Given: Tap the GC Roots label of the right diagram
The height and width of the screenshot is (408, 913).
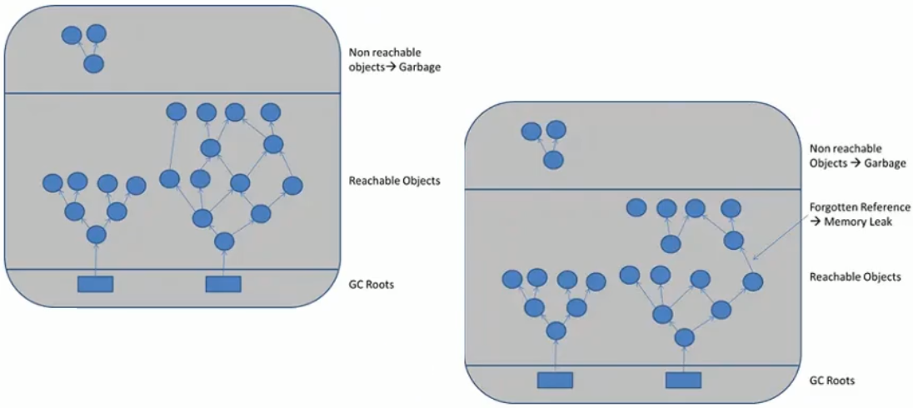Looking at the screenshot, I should point(832,381).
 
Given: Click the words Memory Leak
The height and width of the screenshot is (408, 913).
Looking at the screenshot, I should point(866,222).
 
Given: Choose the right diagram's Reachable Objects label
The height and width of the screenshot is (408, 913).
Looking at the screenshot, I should point(855,276).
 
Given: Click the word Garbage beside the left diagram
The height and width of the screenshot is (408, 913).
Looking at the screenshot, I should point(420,67).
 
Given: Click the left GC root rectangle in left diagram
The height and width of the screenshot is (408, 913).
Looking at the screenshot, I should point(95,284).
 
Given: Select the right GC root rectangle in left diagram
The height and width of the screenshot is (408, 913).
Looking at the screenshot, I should point(222,284).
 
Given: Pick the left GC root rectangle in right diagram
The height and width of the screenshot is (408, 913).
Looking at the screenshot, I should point(555,380).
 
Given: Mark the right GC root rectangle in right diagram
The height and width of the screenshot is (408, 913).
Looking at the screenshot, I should point(683,380).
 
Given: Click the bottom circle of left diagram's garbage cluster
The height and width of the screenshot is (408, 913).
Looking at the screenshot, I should point(94,63).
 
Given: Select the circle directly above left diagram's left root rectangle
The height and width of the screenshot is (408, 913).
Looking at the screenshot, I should point(96,235).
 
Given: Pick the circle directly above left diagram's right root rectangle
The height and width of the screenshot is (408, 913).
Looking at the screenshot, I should point(223,241).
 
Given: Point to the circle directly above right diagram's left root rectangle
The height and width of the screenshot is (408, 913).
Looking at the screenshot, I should point(556,331).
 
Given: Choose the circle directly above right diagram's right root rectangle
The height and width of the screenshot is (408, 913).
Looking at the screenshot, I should point(684,337).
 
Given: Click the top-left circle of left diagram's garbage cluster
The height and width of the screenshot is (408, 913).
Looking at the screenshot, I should point(72,36).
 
